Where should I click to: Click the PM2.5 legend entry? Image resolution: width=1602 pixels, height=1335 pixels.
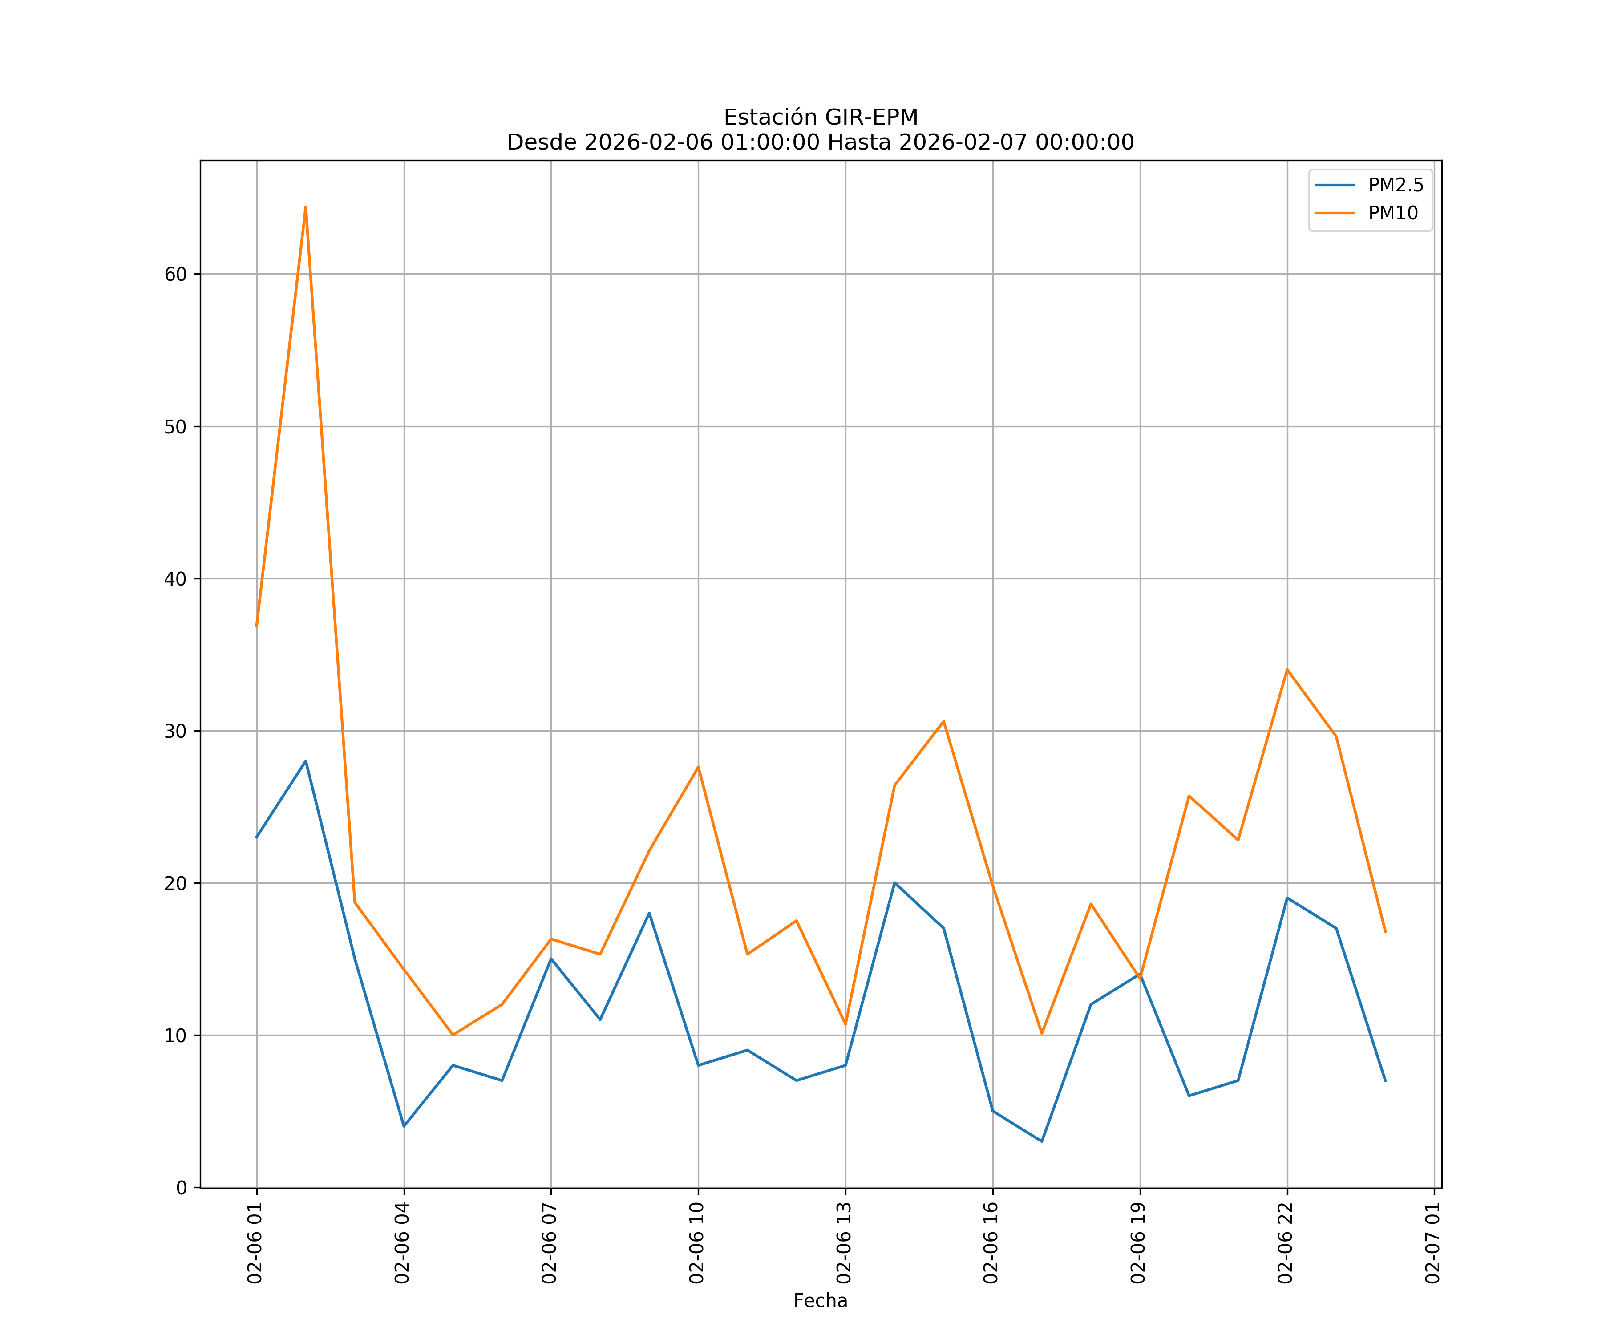[1395, 186]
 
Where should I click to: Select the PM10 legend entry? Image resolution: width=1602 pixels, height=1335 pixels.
[1393, 214]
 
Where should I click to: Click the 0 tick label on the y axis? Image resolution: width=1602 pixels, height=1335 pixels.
[182, 1188]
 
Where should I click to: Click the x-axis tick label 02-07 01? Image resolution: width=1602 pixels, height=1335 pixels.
[1432, 1243]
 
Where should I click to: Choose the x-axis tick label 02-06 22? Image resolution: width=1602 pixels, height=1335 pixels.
[1286, 1243]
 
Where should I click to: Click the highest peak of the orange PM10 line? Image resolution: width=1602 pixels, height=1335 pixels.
[305, 207]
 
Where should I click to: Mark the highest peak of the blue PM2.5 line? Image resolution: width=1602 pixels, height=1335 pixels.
[305, 761]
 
